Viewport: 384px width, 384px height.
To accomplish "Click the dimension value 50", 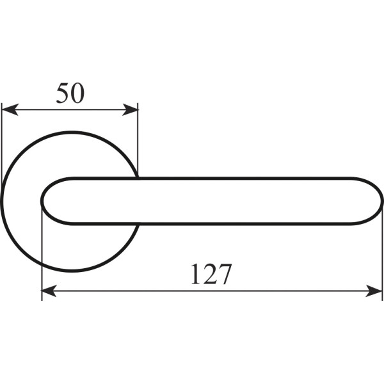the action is (x=70, y=93).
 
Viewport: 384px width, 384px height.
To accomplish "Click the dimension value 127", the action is (x=211, y=274).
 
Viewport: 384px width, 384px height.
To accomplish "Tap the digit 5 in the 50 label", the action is (x=63, y=93).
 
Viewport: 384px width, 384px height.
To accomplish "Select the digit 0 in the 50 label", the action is (x=77, y=93).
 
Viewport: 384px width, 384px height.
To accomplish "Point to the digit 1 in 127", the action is (x=196, y=274).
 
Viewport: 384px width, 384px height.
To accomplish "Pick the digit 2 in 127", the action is (x=210, y=274).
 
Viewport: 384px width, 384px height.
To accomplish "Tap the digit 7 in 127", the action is (x=225, y=274).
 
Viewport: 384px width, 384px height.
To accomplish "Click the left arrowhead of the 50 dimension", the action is (x=10, y=109).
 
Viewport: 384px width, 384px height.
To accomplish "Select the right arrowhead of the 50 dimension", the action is (x=130, y=109).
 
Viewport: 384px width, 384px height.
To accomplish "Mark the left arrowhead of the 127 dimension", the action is (x=49, y=291).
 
